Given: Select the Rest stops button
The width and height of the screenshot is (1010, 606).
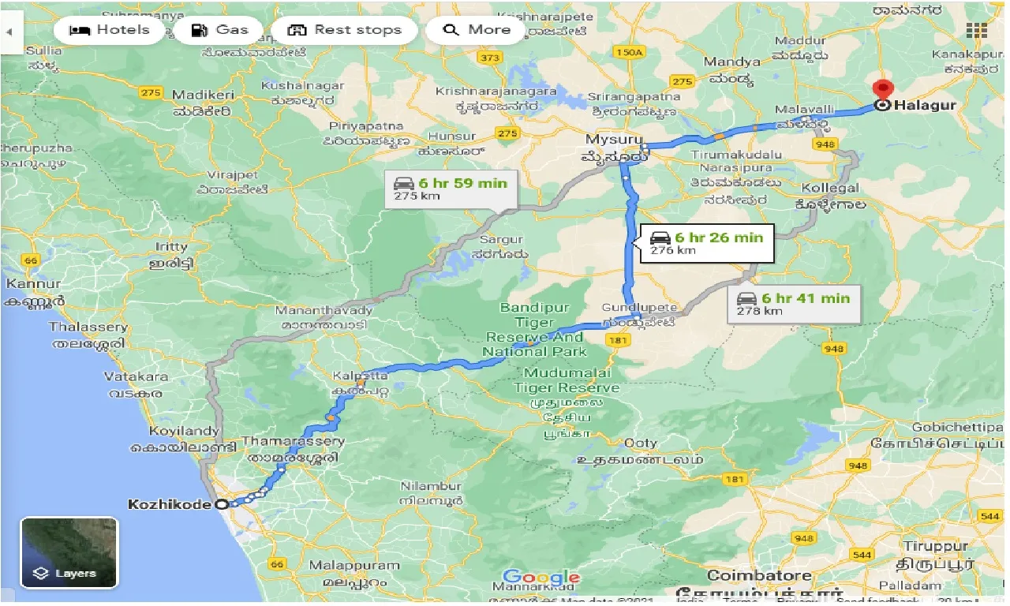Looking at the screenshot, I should (x=344, y=31).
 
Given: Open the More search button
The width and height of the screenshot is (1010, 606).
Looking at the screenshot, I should (x=477, y=31).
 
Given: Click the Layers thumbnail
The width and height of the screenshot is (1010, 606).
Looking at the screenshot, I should (x=69, y=552).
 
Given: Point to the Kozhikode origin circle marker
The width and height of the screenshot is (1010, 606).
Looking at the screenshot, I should (x=222, y=504).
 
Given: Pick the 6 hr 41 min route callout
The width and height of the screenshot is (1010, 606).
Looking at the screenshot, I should (x=794, y=304).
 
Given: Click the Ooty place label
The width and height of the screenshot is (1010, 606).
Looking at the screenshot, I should (x=640, y=443).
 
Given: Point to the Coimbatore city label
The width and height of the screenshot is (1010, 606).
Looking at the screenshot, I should (x=748, y=575).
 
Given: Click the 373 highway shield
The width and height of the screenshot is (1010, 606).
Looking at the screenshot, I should (x=490, y=58).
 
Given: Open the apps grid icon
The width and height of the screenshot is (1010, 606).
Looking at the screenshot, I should (x=977, y=31).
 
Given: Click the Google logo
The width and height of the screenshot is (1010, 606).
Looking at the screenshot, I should (x=541, y=578).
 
